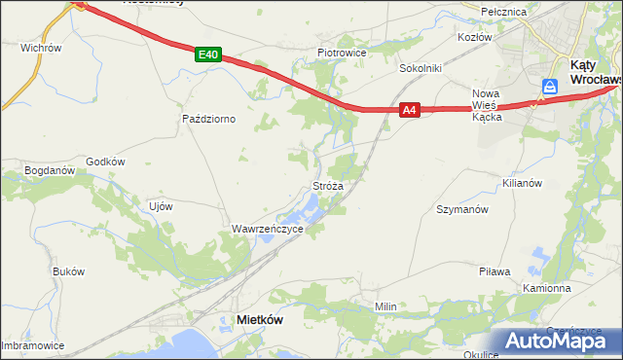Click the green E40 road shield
tap(206, 55)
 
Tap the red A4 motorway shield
tap(410, 111)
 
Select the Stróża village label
tap(327, 184)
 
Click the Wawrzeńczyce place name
tap(268, 229)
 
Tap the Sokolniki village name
tap(421, 69)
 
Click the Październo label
tap(209, 119)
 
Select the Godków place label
tap(106, 162)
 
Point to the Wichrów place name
tap(41, 47)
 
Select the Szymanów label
tap(461, 209)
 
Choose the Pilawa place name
tap(495, 271)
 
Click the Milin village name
tap(386, 306)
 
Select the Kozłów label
tap(476, 36)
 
